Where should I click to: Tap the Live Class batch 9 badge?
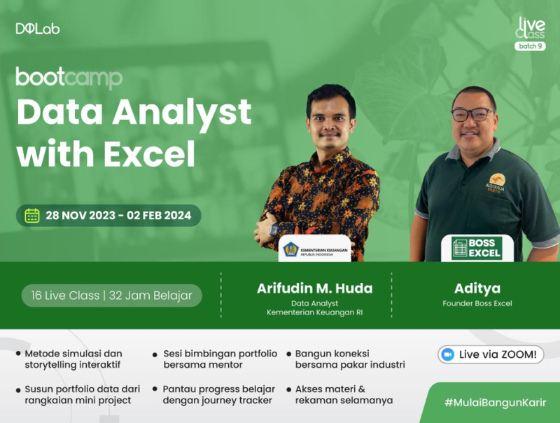point(530,34)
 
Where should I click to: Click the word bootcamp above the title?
point(69,77)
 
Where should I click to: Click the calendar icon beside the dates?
point(32,215)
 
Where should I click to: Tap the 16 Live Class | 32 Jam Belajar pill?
point(111,296)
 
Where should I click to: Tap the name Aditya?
point(477,288)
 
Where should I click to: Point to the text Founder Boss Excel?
point(477,304)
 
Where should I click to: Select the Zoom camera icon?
point(448,354)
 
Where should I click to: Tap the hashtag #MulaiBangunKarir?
point(495,404)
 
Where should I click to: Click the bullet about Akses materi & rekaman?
point(339,394)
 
